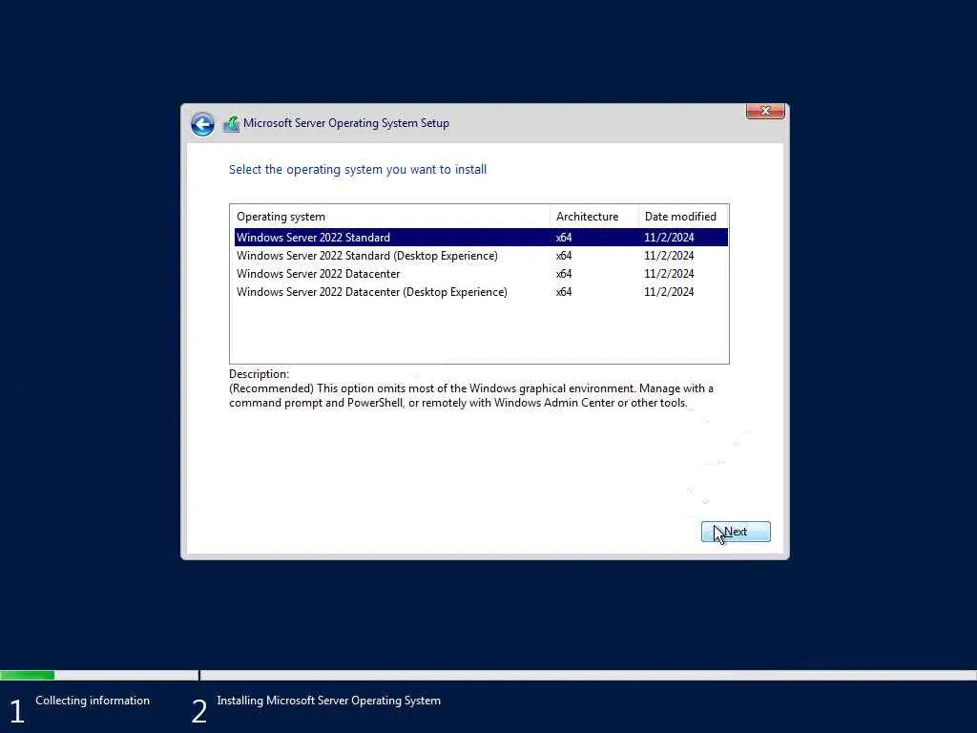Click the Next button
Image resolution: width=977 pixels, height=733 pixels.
coord(736,532)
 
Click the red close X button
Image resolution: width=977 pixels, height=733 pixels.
coord(765,111)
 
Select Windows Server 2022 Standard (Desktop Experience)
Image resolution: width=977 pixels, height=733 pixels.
coord(367,256)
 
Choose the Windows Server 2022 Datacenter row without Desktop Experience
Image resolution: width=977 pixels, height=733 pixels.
coord(319,274)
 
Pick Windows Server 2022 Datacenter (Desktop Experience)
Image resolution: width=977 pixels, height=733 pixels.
coord(372,292)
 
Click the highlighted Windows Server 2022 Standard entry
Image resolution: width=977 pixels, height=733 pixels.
coord(314,238)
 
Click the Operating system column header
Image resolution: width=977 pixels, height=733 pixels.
coord(281,217)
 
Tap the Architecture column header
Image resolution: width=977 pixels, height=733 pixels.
coord(587,217)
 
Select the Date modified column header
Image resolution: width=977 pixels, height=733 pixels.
coord(680,217)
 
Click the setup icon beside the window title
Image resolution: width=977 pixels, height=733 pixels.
coord(231,124)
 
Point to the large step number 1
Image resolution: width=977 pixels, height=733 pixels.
coord(16,711)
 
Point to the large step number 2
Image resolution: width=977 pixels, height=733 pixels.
coord(198,711)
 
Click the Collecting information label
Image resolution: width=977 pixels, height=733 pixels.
coord(93,701)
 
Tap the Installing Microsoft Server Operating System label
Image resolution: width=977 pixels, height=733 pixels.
coord(328,701)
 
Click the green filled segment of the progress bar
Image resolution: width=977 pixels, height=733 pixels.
coord(27,675)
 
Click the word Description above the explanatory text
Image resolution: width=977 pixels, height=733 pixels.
coord(259,374)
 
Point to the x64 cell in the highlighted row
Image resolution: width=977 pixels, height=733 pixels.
coord(564,238)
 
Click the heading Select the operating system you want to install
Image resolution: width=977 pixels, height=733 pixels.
coord(358,170)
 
